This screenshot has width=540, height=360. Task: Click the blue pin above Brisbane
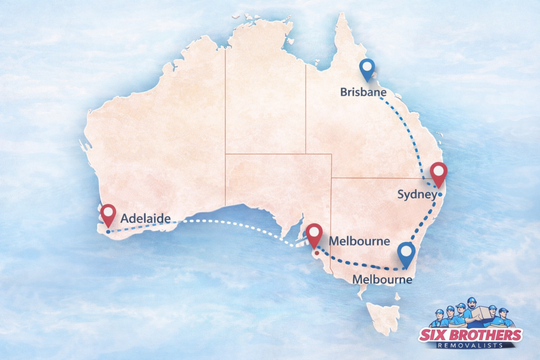[367, 69]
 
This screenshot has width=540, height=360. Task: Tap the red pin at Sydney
[438, 173]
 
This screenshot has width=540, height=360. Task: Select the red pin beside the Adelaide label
[109, 214]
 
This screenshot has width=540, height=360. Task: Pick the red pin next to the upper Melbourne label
[315, 234]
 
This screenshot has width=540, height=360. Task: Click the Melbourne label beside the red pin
[359, 241]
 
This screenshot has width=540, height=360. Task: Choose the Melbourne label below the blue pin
[382, 279]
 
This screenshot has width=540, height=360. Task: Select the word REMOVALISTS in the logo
[471, 346]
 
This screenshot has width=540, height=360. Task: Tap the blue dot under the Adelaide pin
[108, 231]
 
